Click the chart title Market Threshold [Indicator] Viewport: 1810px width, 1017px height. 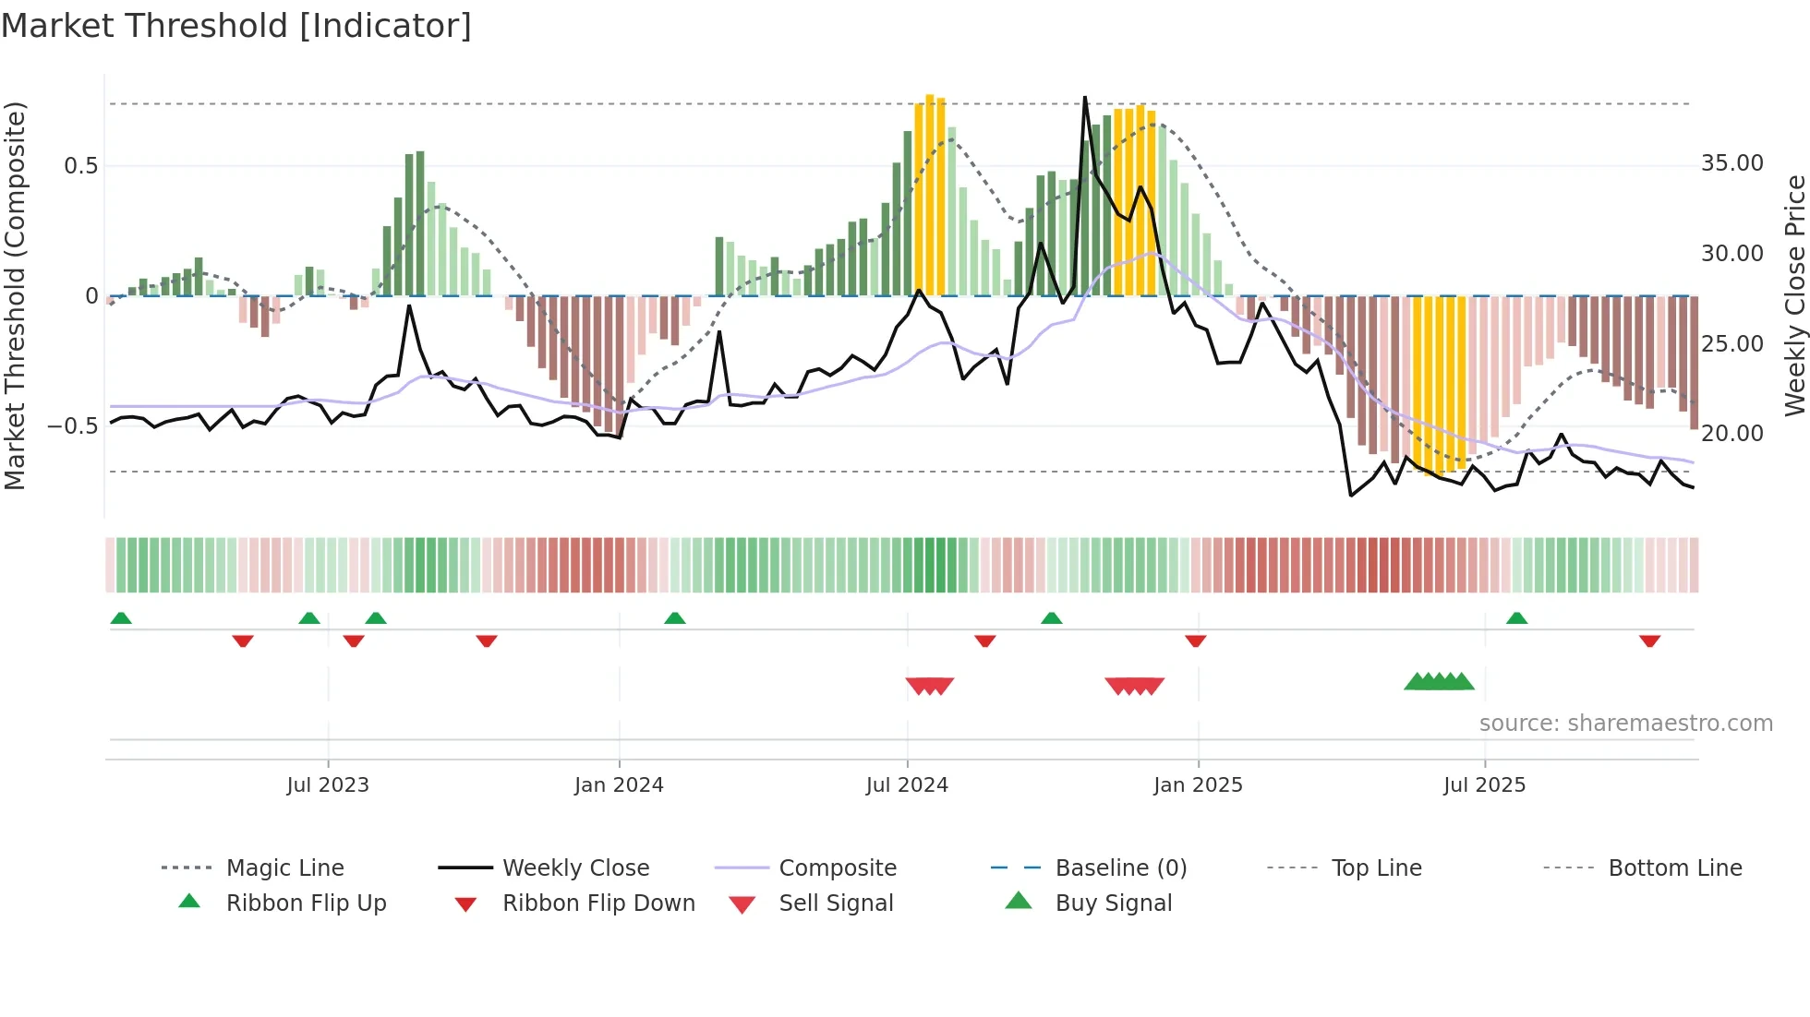[236, 26]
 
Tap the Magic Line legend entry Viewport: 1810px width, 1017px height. [284, 868]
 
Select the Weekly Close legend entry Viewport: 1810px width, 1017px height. [575, 868]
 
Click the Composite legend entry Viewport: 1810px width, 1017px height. [837, 868]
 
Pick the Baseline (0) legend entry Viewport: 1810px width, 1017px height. [1120, 868]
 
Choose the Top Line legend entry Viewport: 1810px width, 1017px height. [1376, 868]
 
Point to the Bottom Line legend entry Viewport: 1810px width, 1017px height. [1674, 868]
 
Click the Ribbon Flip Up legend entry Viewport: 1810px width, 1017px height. [306, 903]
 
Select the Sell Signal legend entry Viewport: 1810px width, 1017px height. [836, 903]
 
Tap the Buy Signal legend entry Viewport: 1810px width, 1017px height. [1113, 903]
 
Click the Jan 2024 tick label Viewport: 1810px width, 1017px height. [619, 785]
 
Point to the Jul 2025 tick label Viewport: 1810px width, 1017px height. [1484, 785]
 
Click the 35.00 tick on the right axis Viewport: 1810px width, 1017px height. [1732, 163]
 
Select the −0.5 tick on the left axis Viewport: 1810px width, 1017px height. [73, 426]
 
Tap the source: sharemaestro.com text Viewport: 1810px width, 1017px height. [1625, 724]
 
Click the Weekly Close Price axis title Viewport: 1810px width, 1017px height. [1794, 295]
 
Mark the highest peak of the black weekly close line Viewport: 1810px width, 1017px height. [1084, 98]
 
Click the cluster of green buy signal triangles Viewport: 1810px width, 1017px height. [1439, 682]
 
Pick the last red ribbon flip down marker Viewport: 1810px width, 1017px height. [1649, 640]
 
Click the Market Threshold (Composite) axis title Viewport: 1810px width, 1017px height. [15, 295]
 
